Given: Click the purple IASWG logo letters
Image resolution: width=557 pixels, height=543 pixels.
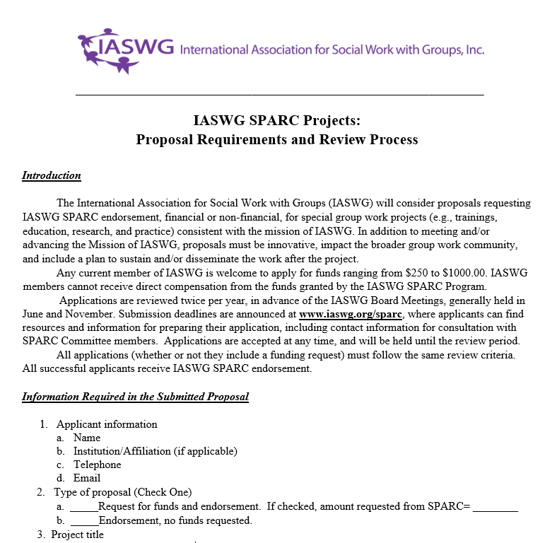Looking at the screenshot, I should click(x=137, y=49).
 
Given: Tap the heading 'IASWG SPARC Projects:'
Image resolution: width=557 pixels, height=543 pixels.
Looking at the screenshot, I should click(x=277, y=119).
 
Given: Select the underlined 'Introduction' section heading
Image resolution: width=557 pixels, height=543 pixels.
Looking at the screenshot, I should click(x=52, y=175).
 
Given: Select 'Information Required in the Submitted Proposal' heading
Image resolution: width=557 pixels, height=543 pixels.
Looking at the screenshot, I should click(x=135, y=397).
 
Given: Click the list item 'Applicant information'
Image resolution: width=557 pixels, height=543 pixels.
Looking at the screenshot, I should click(x=107, y=424).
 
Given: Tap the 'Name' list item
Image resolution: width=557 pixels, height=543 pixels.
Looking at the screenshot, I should click(x=87, y=438).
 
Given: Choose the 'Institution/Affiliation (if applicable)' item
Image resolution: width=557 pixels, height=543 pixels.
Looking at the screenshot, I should click(x=156, y=451).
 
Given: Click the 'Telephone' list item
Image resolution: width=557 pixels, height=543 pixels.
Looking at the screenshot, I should click(x=97, y=465).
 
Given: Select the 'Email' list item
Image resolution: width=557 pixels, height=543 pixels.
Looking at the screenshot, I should click(x=87, y=478).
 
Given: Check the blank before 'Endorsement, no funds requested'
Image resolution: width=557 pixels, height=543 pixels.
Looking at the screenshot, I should click(x=83, y=521).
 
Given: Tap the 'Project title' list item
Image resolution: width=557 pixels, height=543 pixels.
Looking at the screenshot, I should click(x=77, y=535).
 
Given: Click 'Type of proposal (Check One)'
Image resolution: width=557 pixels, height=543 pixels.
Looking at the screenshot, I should click(x=122, y=492).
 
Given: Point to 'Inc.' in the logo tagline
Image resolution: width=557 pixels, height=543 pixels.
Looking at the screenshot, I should click(x=474, y=50).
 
